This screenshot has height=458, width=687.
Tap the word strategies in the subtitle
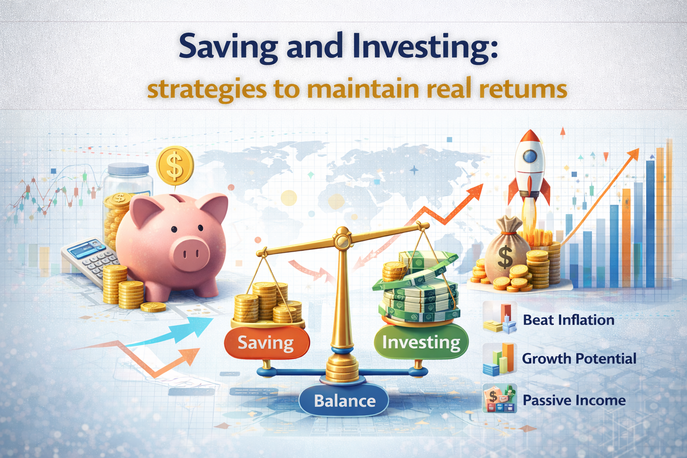coord(207,89)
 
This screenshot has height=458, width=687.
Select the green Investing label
coord(421,342)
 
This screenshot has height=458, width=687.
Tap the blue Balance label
coord(344,401)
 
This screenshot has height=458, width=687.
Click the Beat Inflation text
coord(568,320)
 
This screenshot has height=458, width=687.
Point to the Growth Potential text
coord(579,359)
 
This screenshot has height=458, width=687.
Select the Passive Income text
coord(574,400)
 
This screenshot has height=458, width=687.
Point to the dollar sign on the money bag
coord(505,257)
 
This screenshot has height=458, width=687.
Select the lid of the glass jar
coord(128,169)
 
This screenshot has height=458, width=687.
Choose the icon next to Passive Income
coord(500,398)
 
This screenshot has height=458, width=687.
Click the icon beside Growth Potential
coord(500,359)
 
